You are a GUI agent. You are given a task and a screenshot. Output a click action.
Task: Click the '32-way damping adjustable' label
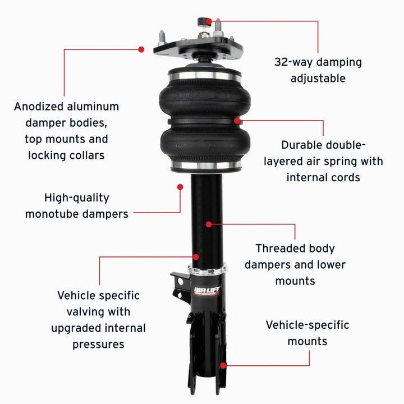(x=318, y=70)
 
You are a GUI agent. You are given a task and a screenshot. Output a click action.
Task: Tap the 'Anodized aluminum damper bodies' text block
(x=66, y=130)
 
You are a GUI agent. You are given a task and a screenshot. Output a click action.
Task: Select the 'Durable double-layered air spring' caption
(x=323, y=161)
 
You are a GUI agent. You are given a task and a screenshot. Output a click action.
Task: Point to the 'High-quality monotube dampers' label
(x=76, y=205)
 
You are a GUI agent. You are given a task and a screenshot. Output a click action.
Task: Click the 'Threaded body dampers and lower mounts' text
(x=295, y=264)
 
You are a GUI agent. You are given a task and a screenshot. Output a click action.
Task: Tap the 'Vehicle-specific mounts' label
(x=307, y=333)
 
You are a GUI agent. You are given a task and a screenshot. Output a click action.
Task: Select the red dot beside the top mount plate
(x=141, y=49)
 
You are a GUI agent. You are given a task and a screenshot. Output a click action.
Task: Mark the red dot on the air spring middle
(x=237, y=120)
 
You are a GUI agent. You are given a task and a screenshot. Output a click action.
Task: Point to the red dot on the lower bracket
(x=223, y=365)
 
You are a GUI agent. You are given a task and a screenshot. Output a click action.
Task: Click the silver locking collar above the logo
(x=208, y=270)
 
